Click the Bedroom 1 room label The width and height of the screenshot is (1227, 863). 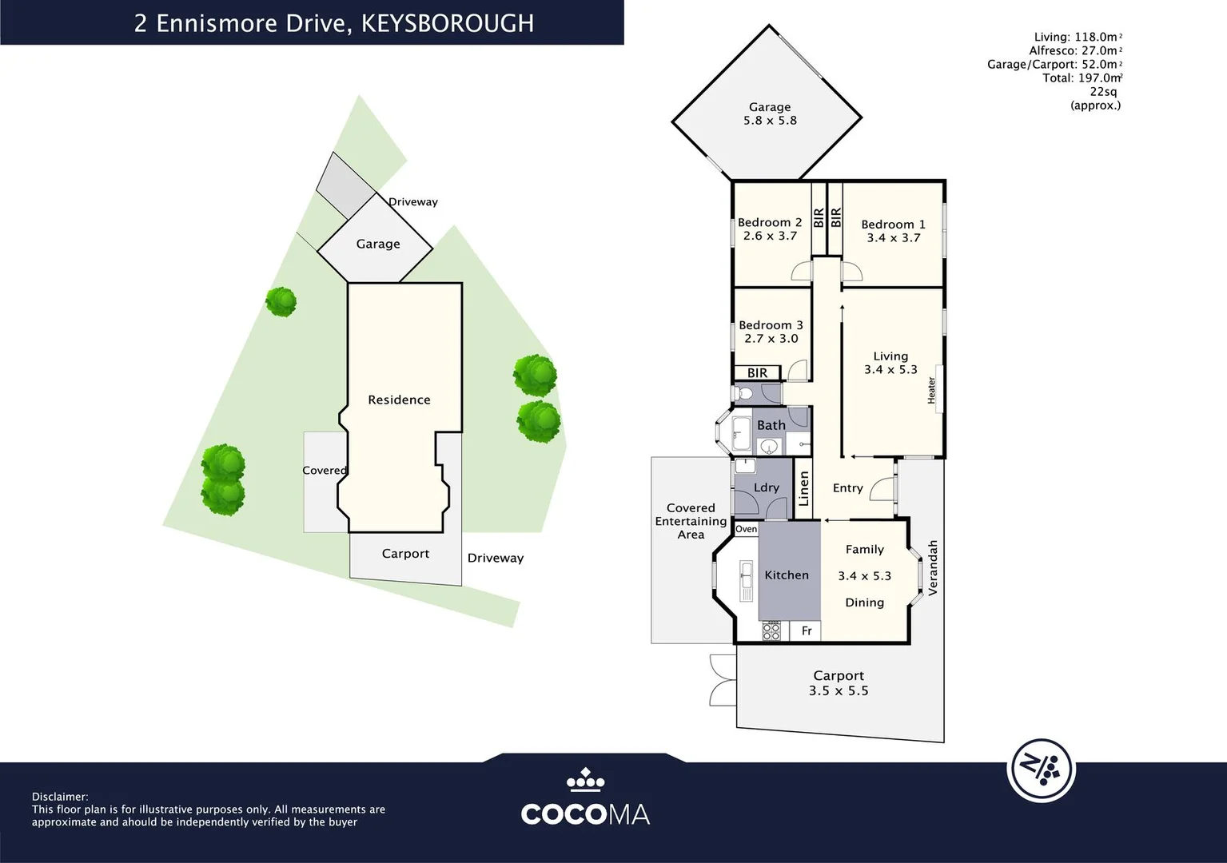point(893,225)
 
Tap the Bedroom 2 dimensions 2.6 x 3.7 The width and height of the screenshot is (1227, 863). point(770,236)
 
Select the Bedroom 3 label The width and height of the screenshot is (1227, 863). point(771,325)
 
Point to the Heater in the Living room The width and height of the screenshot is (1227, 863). point(931,390)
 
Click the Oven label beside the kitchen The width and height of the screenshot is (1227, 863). point(746,529)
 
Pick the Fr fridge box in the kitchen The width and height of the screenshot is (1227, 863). point(807,631)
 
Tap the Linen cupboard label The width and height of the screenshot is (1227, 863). point(804,488)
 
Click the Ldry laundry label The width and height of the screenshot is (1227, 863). point(766,487)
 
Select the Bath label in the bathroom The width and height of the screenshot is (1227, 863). point(771,425)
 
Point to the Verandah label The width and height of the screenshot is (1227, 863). point(932,567)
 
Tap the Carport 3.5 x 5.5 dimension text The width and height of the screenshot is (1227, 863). point(838,690)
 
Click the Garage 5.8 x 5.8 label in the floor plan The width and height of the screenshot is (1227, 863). point(769,113)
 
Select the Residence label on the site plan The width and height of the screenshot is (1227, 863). point(399,400)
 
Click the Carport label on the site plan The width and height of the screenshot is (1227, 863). point(405,554)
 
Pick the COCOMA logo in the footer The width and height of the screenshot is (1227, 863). point(585,799)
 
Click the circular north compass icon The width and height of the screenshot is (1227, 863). point(1041,770)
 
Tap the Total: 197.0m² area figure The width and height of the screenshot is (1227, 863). point(1082,78)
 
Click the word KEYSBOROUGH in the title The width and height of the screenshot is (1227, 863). point(448,23)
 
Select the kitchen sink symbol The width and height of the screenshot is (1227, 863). point(746,580)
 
